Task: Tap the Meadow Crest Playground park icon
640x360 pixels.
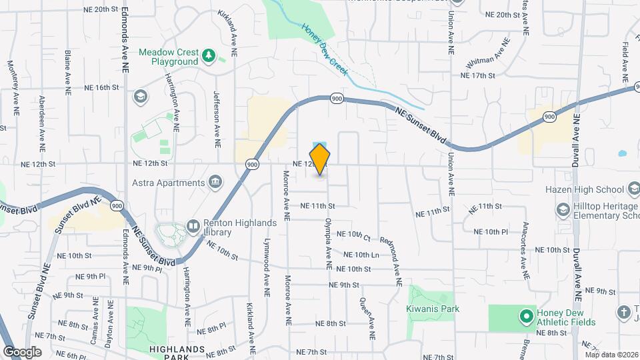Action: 209,55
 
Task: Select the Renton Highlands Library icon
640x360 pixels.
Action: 193,227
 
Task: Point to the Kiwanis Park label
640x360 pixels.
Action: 433,309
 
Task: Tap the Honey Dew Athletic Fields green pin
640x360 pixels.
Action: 525,314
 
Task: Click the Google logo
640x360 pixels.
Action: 22,351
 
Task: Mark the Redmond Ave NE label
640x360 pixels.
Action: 391,261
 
